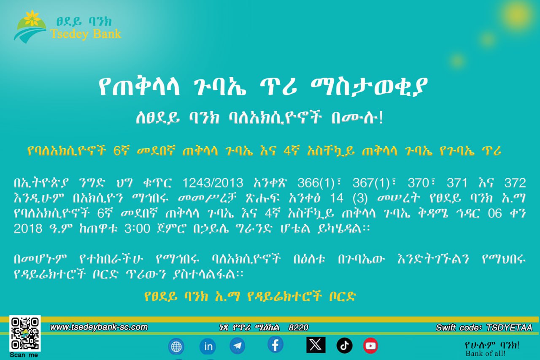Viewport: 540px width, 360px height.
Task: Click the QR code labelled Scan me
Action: [x=25, y=333]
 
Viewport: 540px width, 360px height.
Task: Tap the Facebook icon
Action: [x=275, y=345]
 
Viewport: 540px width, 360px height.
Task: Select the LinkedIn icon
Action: [x=208, y=346]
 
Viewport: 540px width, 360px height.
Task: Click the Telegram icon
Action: [x=238, y=346]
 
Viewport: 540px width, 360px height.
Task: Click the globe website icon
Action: [x=176, y=346]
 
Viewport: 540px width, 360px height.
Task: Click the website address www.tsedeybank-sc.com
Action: [x=99, y=327]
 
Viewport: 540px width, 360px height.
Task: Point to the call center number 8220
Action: [x=298, y=328]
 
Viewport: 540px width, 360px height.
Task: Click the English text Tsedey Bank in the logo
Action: [x=86, y=34]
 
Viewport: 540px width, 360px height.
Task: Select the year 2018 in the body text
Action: [x=28, y=228]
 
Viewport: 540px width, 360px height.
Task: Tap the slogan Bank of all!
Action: [x=485, y=354]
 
